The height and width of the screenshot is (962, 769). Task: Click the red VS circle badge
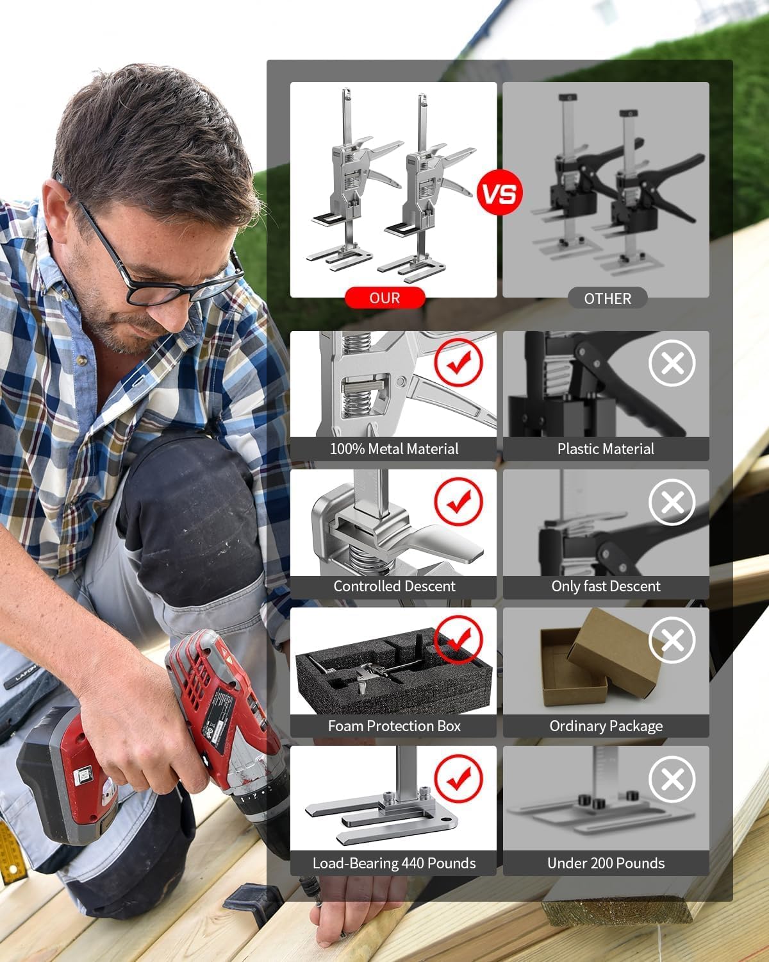(499, 193)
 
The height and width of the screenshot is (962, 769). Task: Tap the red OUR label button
(384, 298)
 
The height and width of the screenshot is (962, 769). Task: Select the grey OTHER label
(607, 299)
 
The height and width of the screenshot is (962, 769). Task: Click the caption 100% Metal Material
(393, 449)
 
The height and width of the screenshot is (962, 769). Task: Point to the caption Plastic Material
(606, 449)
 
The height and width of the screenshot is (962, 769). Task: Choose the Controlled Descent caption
(393, 586)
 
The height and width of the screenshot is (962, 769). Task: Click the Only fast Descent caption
(606, 586)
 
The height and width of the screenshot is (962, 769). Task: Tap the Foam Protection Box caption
(393, 726)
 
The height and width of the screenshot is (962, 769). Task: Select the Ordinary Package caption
(606, 726)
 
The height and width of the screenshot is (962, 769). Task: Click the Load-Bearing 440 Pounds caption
(393, 863)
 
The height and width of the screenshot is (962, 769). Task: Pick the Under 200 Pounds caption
(606, 863)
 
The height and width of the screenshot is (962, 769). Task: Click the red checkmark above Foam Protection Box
(458, 639)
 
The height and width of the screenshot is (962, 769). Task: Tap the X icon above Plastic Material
(672, 364)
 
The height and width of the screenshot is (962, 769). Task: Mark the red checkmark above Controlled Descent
(458, 502)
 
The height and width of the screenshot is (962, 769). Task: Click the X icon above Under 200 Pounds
(672, 779)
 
